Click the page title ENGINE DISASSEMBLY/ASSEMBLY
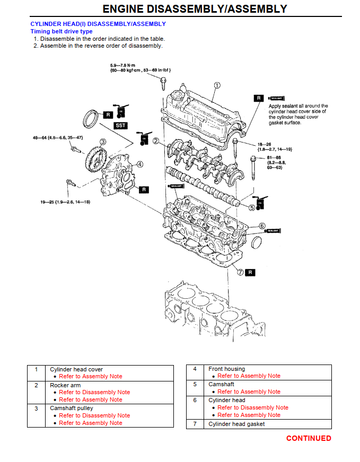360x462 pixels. (x=195, y=9)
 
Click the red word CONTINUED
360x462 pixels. (x=309, y=438)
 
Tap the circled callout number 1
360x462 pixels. (x=217, y=85)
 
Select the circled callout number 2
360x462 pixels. (x=156, y=140)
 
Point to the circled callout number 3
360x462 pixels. (x=102, y=141)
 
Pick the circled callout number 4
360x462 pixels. (x=139, y=164)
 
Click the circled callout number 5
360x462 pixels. (x=252, y=208)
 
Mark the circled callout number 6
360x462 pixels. (x=262, y=226)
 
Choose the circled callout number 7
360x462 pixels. (x=240, y=272)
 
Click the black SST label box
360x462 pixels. (x=121, y=126)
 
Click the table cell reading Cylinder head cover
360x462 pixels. (x=76, y=369)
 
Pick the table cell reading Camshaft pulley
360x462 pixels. (x=72, y=408)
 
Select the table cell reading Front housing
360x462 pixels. (x=226, y=369)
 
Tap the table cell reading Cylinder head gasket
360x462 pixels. (x=236, y=423)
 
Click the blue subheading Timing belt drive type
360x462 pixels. (x=61, y=31)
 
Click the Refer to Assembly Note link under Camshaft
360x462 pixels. (x=249, y=392)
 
